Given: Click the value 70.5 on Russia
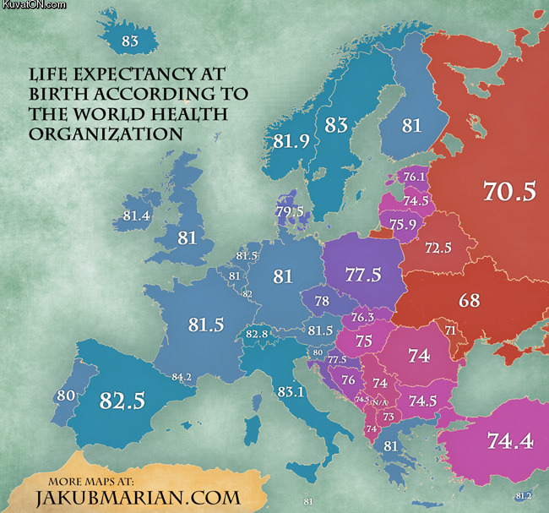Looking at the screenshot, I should click(x=509, y=192).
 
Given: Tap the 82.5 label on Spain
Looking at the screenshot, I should click(x=122, y=400).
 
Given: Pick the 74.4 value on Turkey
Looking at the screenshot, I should click(x=509, y=439).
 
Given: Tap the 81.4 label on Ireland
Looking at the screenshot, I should click(x=136, y=216).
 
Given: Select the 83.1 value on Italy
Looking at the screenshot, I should click(x=290, y=391).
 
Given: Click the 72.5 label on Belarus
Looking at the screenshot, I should click(x=438, y=249).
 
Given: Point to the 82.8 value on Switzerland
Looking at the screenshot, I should click(x=257, y=335).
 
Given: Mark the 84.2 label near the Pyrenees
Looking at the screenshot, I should click(x=182, y=377).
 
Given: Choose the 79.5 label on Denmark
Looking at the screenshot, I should click(x=289, y=210).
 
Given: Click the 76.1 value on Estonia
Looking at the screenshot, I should click(x=415, y=177).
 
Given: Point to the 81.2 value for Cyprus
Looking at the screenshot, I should click(x=522, y=495).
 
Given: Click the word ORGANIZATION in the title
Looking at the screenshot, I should click(x=105, y=134).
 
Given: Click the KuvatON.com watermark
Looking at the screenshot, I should click(x=33, y=5).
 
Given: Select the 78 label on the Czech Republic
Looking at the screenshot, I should click(x=322, y=302).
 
